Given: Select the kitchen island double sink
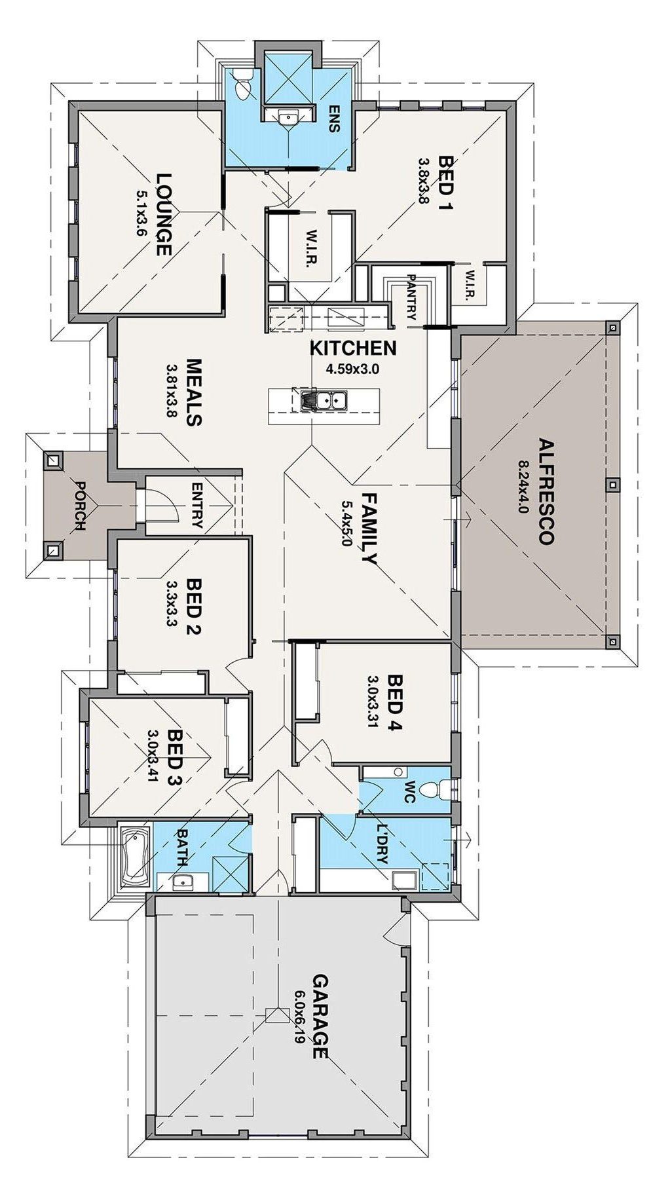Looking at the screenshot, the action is (324, 400).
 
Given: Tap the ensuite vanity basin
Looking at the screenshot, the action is (288, 118).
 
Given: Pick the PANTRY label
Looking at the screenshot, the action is (411, 298).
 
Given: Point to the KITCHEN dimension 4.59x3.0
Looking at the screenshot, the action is (353, 369).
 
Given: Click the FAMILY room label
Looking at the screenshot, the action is (369, 530).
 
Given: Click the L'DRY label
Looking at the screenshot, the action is (382, 834).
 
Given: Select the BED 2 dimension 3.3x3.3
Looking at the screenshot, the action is (173, 604).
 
